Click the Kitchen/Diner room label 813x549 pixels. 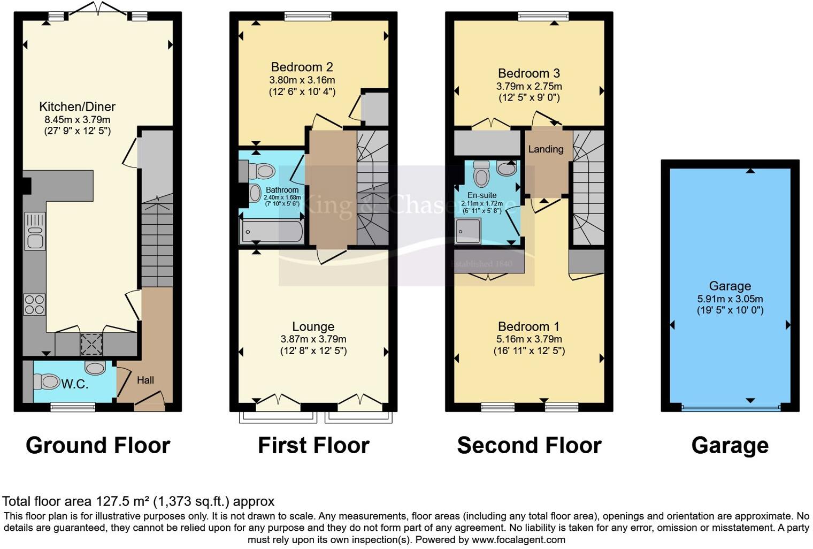click(x=77, y=106)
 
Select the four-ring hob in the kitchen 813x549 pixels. click(x=34, y=304)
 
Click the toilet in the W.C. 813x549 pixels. click(x=47, y=382)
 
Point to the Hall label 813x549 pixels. click(x=145, y=380)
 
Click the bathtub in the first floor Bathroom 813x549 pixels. click(x=272, y=232)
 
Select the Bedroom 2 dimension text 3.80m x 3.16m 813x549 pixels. click(x=302, y=80)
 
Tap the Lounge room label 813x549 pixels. click(x=313, y=326)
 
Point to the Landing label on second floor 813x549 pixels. click(x=546, y=149)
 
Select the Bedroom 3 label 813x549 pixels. click(x=528, y=73)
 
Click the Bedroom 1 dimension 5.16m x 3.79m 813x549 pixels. click(x=528, y=339)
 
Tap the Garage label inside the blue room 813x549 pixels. click(x=730, y=286)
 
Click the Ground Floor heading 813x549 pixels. click(x=98, y=445)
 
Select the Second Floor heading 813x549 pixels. click(x=529, y=445)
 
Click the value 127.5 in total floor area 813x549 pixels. click(x=112, y=501)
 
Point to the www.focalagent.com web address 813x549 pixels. click(x=518, y=539)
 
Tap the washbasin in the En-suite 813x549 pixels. click(x=506, y=168)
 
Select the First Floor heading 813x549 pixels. click(x=313, y=445)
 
